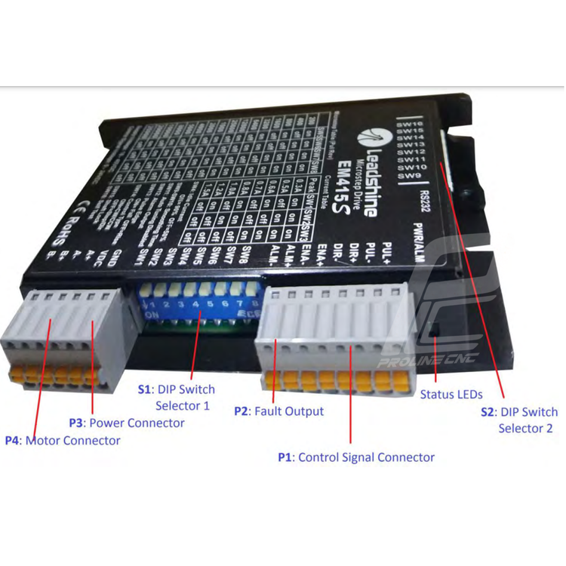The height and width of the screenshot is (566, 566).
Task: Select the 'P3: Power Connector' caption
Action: (127, 423)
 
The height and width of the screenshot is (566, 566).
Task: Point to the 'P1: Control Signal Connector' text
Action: (356, 457)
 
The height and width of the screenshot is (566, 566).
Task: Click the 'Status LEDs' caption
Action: (451, 394)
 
